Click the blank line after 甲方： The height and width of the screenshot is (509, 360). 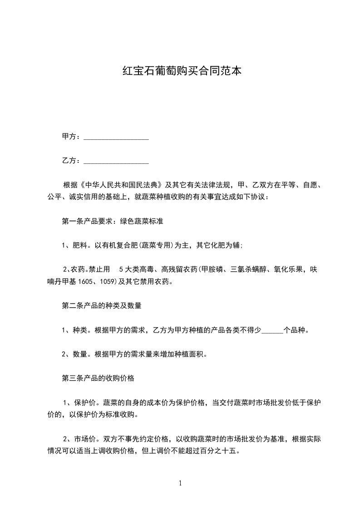(x=116, y=137)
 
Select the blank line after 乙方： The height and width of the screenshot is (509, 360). (x=116, y=161)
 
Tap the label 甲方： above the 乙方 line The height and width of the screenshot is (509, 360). (x=71, y=137)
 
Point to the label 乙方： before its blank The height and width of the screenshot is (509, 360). (x=71, y=161)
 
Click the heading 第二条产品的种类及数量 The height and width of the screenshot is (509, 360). (x=101, y=306)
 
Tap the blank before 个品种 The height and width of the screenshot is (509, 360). (x=272, y=330)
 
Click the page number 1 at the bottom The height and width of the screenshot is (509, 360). (x=180, y=483)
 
